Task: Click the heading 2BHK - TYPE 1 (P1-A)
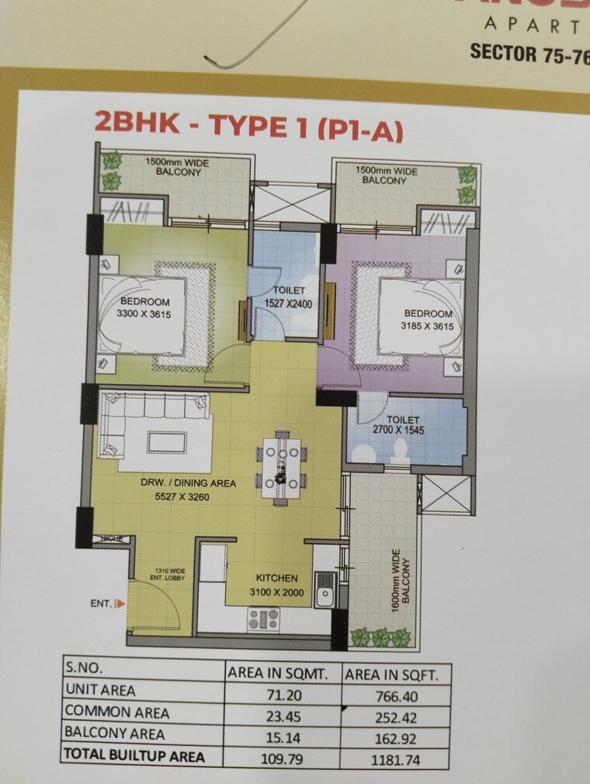tap(248, 127)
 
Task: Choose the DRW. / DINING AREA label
tap(188, 483)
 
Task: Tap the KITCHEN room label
tap(277, 579)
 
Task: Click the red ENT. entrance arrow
tap(119, 602)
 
